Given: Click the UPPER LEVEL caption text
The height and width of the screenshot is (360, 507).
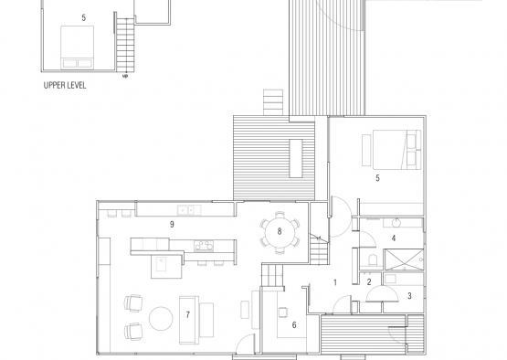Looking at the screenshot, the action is [x=65, y=85].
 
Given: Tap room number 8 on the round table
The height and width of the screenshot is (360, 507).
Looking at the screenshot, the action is [x=280, y=231].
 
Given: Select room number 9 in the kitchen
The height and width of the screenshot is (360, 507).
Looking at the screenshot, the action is [x=172, y=224].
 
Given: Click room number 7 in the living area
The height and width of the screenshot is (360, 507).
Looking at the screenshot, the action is [x=188, y=314].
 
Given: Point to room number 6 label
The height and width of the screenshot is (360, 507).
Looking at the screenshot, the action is [x=294, y=324].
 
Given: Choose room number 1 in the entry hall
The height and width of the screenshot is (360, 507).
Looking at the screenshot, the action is [x=335, y=282].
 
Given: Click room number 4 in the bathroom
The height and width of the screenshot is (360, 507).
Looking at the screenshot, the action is [x=394, y=238].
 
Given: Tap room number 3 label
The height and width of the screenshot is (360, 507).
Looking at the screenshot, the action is [x=409, y=296].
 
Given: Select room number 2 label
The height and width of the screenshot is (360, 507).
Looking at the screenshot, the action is [x=369, y=282].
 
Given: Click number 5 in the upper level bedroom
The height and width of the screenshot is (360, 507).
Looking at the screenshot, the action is [x=84, y=17].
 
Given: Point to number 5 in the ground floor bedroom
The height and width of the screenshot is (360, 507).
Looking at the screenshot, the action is [x=377, y=178].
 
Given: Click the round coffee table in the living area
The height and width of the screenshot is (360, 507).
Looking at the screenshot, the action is [x=161, y=318].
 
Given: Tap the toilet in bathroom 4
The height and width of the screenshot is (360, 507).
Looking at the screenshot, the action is [x=373, y=259].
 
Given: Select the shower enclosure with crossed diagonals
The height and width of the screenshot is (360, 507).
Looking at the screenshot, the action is [x=404, y=259].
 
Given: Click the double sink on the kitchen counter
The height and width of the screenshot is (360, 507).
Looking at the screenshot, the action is [x=189, y=210].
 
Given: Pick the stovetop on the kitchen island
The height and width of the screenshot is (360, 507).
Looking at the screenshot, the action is [x=204, y=246].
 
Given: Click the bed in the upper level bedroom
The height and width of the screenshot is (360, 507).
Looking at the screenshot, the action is [x=78, y=48].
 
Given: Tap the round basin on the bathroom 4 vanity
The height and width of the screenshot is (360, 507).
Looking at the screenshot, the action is [x=396, y=223].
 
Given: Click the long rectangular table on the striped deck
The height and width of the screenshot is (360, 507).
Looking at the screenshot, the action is [x=296, y=158].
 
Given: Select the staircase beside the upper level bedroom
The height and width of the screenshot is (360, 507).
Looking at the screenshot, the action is [x=125, y=45].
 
